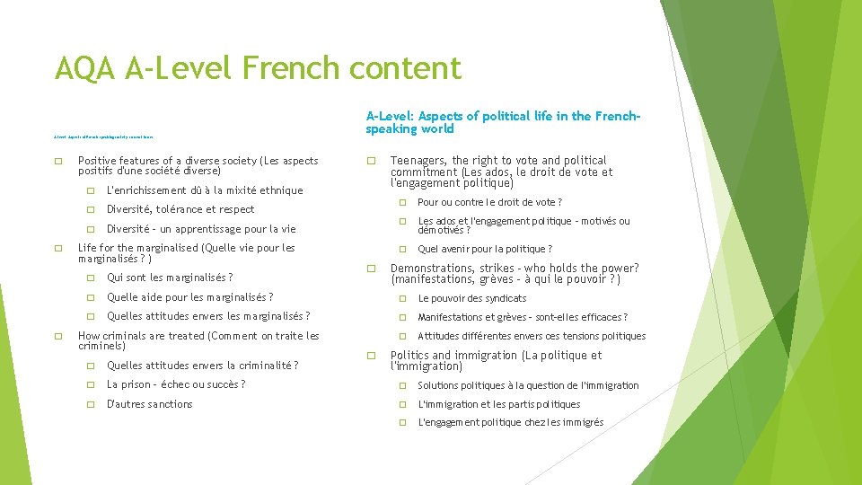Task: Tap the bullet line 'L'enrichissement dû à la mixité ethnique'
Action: click(x=205, y=190)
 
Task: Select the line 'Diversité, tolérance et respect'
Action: click(x=180, y=209)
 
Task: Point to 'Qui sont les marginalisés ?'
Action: click(x=170, y=278)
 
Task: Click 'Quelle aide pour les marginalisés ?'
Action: click(x=189, y=297)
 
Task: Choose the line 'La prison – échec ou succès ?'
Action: click(x=176, y=384)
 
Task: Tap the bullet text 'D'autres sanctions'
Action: click(x=149, y=404)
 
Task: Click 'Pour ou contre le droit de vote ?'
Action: click(x=490, y=202)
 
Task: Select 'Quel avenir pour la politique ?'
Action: click(x=485, y=249)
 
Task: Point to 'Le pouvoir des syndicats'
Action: click(x=472, y=298)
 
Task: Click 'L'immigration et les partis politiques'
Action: click(x=499, y=404)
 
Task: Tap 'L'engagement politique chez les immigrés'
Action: click(x=511, y=422)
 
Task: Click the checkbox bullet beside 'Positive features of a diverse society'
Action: click(x=58, y=162)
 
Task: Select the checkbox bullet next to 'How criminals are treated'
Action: click(x=58, y=337)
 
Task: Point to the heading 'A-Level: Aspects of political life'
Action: click(x=502, y=122)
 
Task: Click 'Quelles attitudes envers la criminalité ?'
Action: click(x=203, y=366)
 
